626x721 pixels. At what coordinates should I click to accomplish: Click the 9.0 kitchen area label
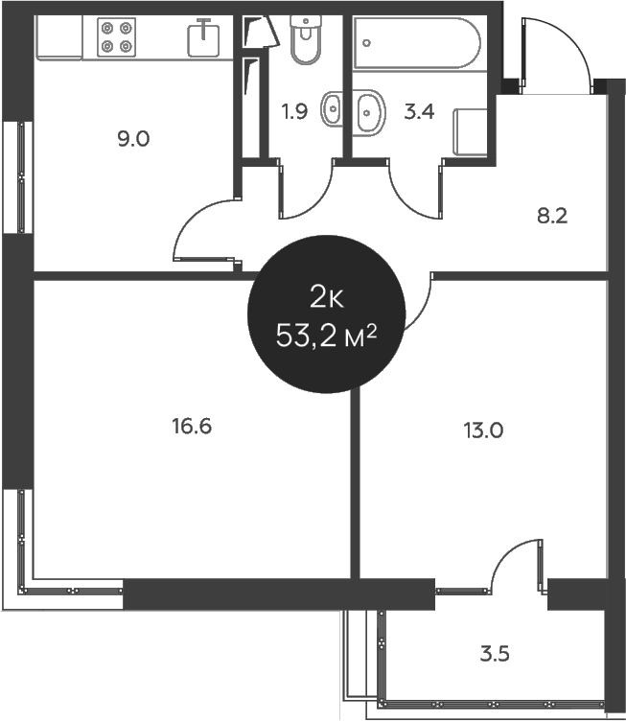click(x=133, y=138)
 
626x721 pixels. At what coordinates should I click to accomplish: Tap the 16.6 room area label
click(x=192, y=427)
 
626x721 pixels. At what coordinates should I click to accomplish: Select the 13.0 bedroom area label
click(x=483, y=430)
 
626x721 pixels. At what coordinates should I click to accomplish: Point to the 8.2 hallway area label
click(x=552, y=216)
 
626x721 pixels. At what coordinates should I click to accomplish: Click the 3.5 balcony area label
click(x=495, y=654)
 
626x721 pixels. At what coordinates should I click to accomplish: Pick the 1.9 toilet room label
click(x=294, y=111)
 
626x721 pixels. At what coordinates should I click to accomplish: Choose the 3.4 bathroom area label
click(x=419, y=112)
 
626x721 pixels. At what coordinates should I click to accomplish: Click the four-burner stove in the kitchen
click(x=116, y=37)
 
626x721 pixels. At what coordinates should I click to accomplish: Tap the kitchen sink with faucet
click(x=203, y=38)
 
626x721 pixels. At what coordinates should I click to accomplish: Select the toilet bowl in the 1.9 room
click(x=306, y=39)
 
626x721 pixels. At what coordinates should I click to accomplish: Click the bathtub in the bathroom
click(x=417, y=43)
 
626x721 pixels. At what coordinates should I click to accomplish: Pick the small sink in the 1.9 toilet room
click(x=332, y=109)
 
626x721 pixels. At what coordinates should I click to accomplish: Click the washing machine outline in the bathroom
click(x=470, y=132)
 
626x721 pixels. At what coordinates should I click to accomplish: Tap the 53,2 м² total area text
click(x=326, y=337)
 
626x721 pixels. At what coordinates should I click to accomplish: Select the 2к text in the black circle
click(x=327, y=297)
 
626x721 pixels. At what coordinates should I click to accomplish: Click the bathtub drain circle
click(x=366, y=43)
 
